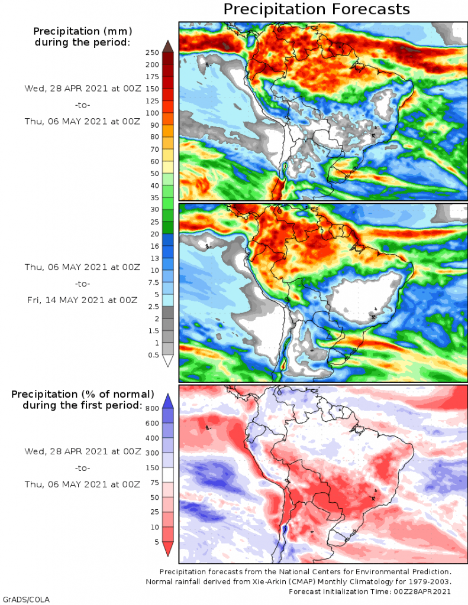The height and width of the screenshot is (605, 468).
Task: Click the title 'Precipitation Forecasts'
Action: coord(316,9)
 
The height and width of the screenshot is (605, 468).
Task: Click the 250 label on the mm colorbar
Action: coord(153,53)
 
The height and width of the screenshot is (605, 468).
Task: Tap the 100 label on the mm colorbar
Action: coord(153,113)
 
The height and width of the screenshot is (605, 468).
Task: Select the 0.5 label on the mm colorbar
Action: coord(153,354)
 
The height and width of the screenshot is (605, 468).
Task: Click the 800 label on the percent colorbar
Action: coord(153,408)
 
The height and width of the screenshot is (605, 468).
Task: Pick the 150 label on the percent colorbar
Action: coord(153,467)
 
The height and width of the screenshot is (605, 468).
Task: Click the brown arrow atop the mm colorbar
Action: coord(167,46)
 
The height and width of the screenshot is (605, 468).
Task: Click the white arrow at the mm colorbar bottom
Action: coord(167,360)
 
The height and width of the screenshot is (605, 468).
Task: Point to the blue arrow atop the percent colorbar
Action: coord(167,401)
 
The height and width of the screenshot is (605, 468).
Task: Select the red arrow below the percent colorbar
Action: coord(167,549)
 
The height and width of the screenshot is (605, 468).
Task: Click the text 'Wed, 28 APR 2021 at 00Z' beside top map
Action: coord(82,88)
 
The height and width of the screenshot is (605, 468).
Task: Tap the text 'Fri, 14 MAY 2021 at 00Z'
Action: coord(82,300)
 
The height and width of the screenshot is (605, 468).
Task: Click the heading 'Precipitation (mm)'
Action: coord(82,31)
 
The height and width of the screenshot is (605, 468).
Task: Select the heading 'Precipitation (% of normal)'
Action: coord(83,393)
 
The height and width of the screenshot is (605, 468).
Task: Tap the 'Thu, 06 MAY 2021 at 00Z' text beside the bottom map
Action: coord(82,484)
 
